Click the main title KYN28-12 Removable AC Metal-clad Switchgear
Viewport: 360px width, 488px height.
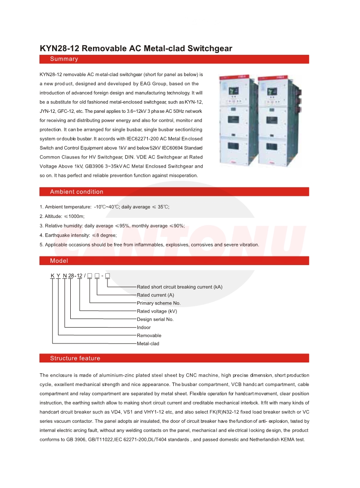click(136, 48)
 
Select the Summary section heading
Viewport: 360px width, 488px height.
click(64, 59)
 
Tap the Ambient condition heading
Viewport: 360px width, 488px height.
click(77, 192)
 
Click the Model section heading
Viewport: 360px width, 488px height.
click(59, 261)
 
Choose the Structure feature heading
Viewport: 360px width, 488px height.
click(75, 358)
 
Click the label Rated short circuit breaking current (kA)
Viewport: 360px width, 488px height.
click(180, 287)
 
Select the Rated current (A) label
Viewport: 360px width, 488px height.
click(156, 295)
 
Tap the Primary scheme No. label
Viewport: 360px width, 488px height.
click(159, 303)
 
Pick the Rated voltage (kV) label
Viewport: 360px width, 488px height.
click(157, 311)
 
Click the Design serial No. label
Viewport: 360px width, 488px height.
click(155, 319)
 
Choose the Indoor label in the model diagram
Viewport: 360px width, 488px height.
click(144, 328)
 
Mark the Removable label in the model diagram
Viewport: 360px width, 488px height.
click(149, 336)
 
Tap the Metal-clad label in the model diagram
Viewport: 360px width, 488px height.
click(148, 344)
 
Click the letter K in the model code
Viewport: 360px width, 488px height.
click(52, 275)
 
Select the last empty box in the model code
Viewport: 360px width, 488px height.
click(107, 275)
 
